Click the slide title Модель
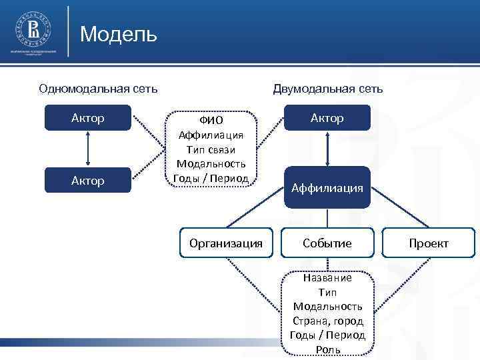click(118, 33)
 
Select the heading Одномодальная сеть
click(98, 89)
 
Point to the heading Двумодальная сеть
click(327, 89)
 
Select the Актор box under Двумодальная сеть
click(327, 119)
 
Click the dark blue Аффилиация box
click(327, 188)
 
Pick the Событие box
click(327, 243)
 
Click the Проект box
click(429, 243)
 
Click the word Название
click(327, 278)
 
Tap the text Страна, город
click(327, 321)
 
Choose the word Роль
click(327, 349)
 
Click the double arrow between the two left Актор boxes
click(88, 149)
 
